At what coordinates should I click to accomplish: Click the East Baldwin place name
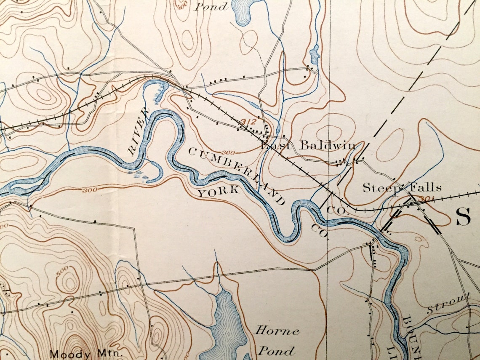point(307,146)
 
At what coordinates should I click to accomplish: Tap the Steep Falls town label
point(402,188)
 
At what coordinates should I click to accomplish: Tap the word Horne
point(277,331)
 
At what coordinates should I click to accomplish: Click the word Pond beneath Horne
point(276,350)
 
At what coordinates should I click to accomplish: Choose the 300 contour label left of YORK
point(90,190)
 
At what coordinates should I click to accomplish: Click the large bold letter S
point(463,217)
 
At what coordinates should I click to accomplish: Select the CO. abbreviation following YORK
point(319,231)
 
